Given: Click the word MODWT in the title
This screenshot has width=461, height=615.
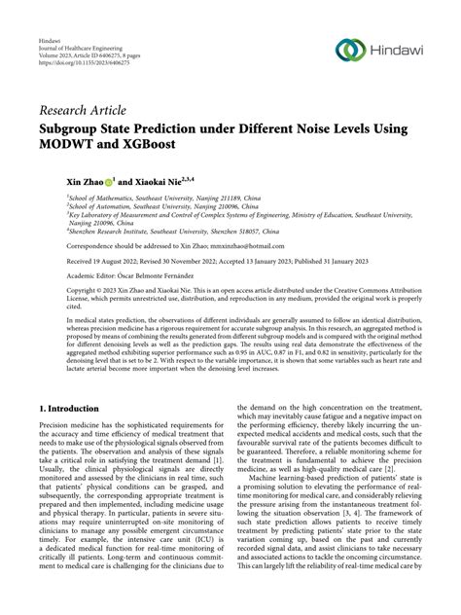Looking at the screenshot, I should pyautogui.click(x=99, y=143).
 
